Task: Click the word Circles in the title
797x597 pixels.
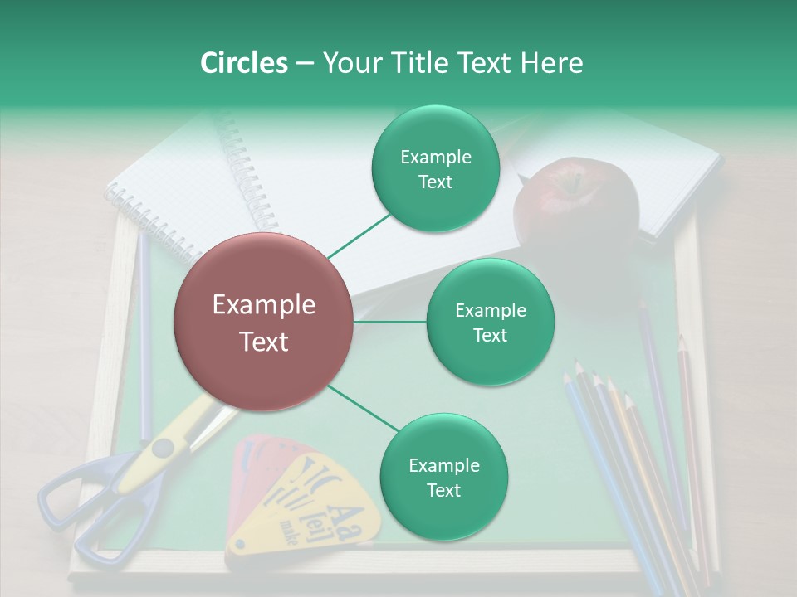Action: (x=243, y=63)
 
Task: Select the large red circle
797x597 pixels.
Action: (x=263, y=322)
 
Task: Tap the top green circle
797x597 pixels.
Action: (x=435, y=169)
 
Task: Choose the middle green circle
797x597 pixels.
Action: (x=490, y=322)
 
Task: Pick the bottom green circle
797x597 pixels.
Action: (x=443, y=477)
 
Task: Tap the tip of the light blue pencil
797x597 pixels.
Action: (x=567, y=378)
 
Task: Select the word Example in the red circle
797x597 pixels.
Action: (x=263, y=305)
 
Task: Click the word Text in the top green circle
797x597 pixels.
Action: (x=435, y=182)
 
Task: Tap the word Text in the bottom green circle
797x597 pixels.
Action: (x=443, y=490)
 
